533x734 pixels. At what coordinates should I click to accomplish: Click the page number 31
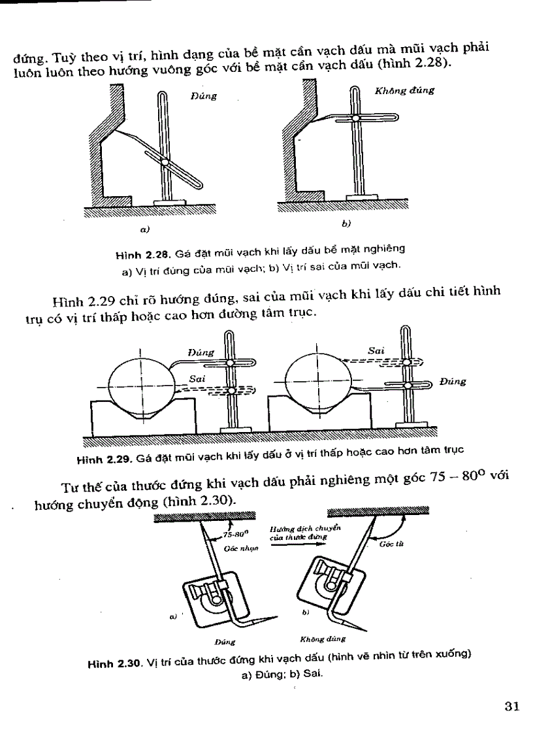(x=511, y=706)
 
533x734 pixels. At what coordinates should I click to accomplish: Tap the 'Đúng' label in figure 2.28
(x=204, y=96)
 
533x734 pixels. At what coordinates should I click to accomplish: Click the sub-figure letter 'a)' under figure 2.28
(x=144, y=229)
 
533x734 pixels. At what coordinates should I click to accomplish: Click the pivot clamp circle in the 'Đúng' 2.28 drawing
(x=165, y=162)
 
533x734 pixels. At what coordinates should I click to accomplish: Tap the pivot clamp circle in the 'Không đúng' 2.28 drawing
(x=354, y=118)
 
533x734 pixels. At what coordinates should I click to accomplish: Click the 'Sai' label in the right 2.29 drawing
(x=375, y=350)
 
